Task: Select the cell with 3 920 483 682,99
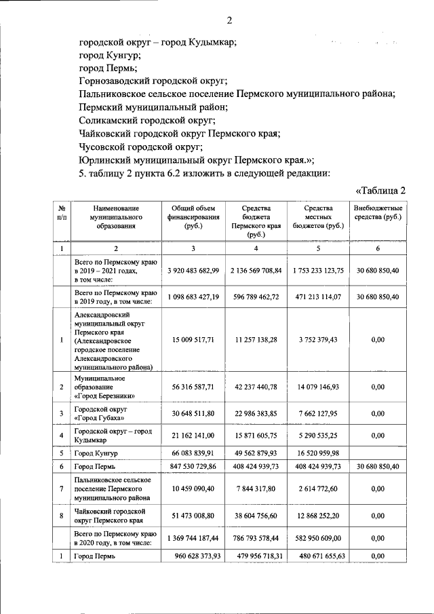coord(193,270)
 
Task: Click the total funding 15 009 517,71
coord(193,341)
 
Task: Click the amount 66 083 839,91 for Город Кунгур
coord(193,453)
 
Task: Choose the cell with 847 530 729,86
coord(193,467)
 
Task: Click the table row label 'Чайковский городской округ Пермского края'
coord(109,515)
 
